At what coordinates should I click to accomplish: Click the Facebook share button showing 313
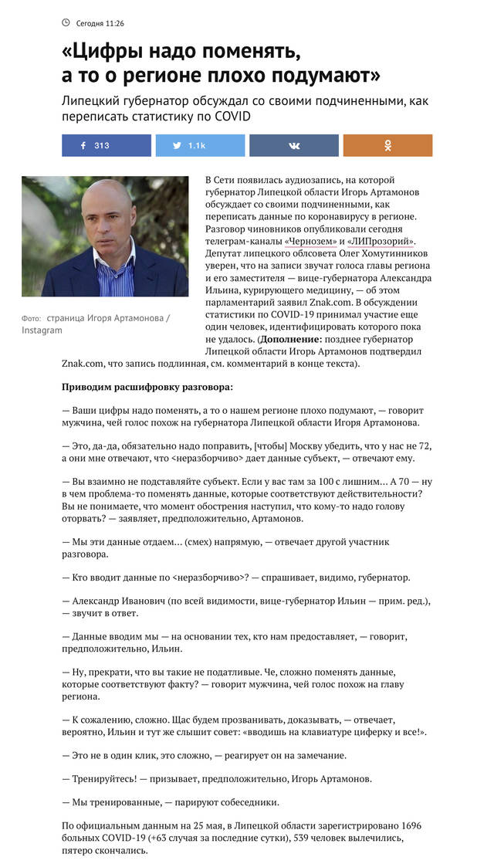[x=107, y=145]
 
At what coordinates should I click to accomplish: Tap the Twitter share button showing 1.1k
[x=200, y=145]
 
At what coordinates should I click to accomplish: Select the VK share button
[x=294, y=145]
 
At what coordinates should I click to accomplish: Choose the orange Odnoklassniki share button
[x=387, y=145]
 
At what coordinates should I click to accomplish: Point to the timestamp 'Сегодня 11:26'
[x=100, y=24]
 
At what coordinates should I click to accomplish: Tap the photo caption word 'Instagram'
[x=42, y=330]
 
